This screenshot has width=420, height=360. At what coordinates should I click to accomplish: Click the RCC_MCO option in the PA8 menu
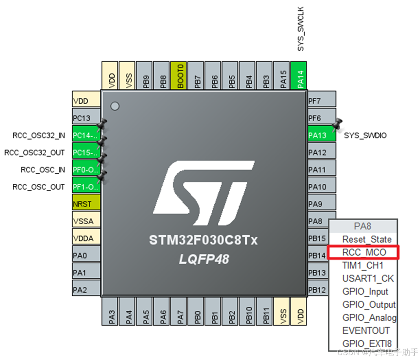click(x=364, y=252)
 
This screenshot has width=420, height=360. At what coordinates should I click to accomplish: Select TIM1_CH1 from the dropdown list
click(x=363, y=265)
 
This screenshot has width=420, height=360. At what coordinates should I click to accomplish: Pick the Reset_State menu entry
click(x=367, y=239)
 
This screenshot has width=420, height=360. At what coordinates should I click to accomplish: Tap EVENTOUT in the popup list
click(x=366, y=331)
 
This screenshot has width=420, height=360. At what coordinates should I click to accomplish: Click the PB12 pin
click(x=318, y=290)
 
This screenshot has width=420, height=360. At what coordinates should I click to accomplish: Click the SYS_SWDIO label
click(x=365, y=135)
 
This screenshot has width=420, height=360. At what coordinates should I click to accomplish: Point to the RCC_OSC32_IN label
click(x=39, y=135)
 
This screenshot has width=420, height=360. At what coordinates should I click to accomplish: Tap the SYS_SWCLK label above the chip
click(x=301, y=29)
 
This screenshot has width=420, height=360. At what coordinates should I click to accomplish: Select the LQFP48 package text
click(x=203, y=259)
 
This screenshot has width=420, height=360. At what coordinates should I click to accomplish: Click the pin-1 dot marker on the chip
click(x=115, y=106)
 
